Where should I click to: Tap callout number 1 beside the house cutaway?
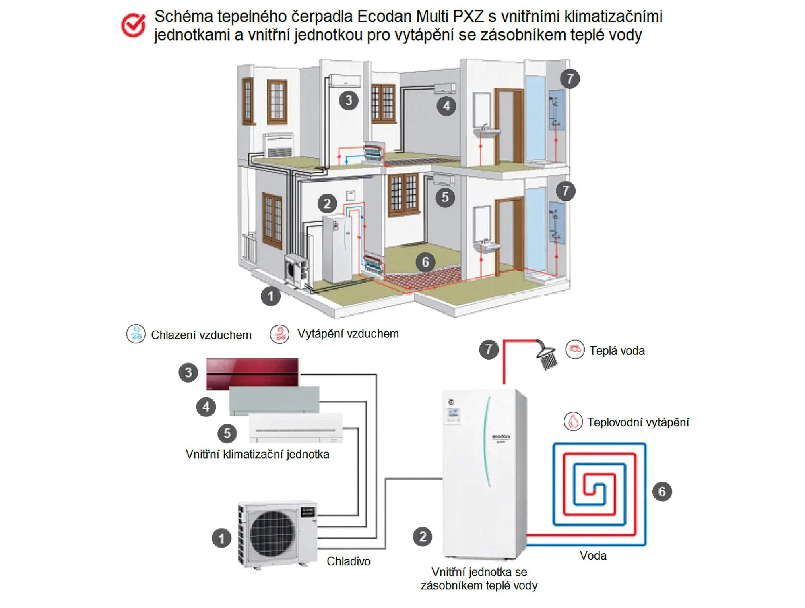point(270,296)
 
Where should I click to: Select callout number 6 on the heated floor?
point(425,262)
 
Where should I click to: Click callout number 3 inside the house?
point(349,100)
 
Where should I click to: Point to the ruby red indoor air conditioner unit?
point(252,373)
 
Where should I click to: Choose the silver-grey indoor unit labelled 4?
point(274,400)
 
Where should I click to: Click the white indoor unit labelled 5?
point(295,428)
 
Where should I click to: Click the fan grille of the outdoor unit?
point(272,534)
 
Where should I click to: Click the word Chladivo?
point(349,561)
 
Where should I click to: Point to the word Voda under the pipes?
point(593,556)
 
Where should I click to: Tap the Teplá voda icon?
point(575,349)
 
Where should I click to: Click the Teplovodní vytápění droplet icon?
point(573,422)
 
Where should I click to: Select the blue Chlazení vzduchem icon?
point(136,334)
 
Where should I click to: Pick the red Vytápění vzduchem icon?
point(280,334)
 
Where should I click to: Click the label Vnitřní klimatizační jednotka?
point(257,454)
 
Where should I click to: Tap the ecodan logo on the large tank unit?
point(501,437)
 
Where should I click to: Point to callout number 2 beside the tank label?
point(422,537)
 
